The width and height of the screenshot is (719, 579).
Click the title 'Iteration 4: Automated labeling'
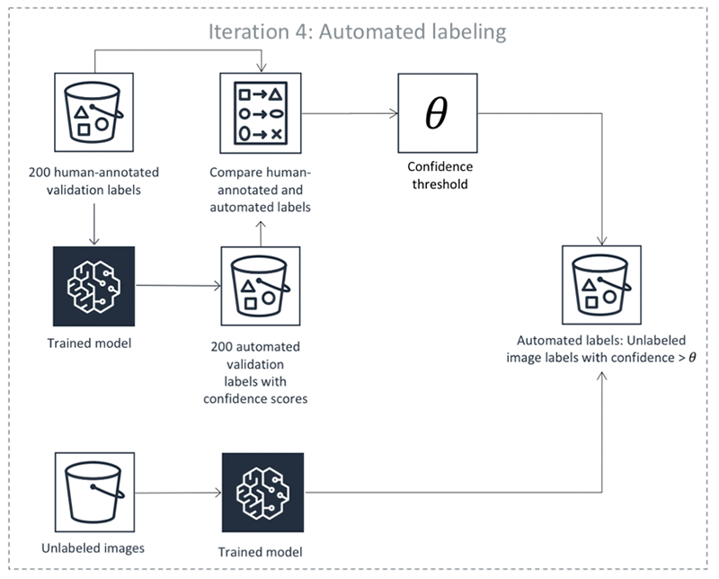tap(358, 31)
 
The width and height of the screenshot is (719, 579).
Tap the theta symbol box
tap(436, 113)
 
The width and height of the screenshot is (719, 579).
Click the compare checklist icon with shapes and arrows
tap(261, 115)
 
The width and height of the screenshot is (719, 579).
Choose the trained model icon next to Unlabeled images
tap(262, 494)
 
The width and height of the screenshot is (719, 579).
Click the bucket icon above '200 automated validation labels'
tap(261, 289)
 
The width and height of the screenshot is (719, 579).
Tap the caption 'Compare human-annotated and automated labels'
tap(261, 187)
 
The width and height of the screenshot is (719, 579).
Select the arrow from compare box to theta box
tap(351, 114)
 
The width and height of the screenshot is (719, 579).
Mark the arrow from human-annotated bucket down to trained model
tap(94, 218)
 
